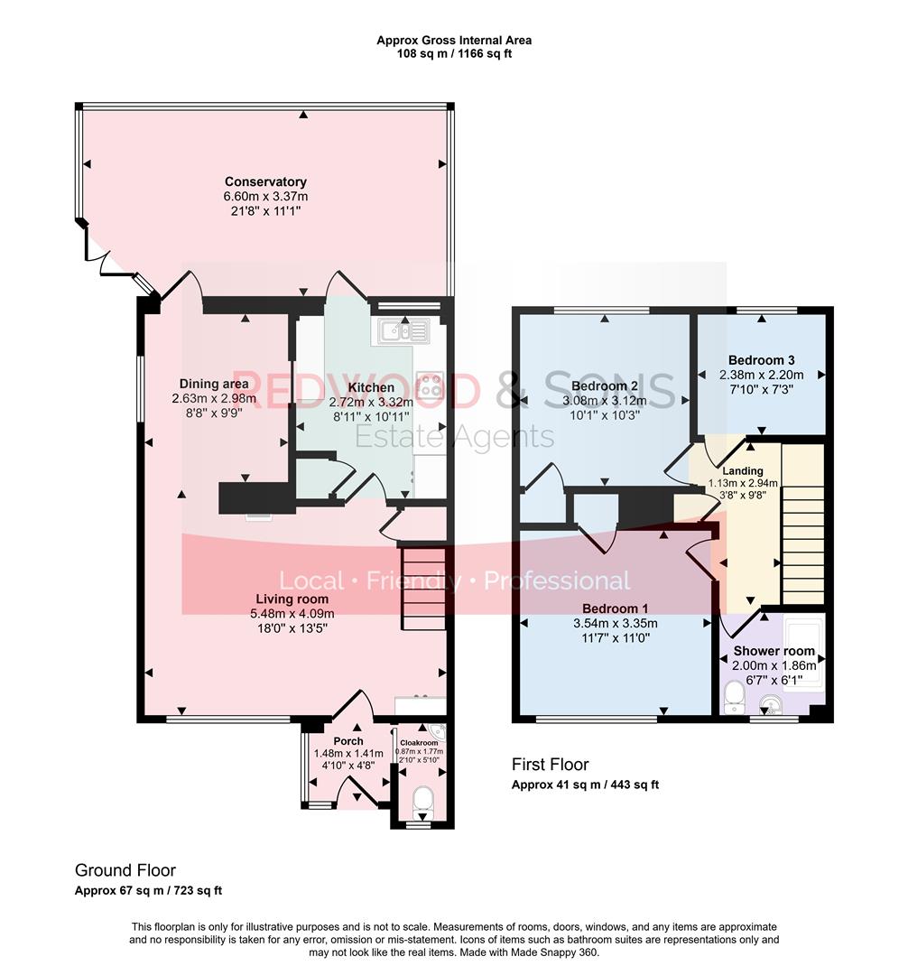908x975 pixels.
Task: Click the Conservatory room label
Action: pos(265,182)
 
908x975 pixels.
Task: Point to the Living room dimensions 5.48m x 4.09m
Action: pos(292,614)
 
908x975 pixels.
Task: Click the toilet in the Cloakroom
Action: pos(420,799)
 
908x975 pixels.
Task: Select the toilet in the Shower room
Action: pos(734,698)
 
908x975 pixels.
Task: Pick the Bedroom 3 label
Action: pos(761,359)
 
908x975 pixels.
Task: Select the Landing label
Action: pos(743,470)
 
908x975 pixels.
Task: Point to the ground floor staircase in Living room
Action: pos(423,587)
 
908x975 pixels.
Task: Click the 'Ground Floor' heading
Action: pos(125,870)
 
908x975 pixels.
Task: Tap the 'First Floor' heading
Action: pos(551,765)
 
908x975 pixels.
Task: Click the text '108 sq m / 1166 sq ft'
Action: pos(454,54)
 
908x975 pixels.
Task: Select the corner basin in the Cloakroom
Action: pos(437,731)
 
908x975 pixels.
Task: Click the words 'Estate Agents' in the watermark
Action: pos(454,438)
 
